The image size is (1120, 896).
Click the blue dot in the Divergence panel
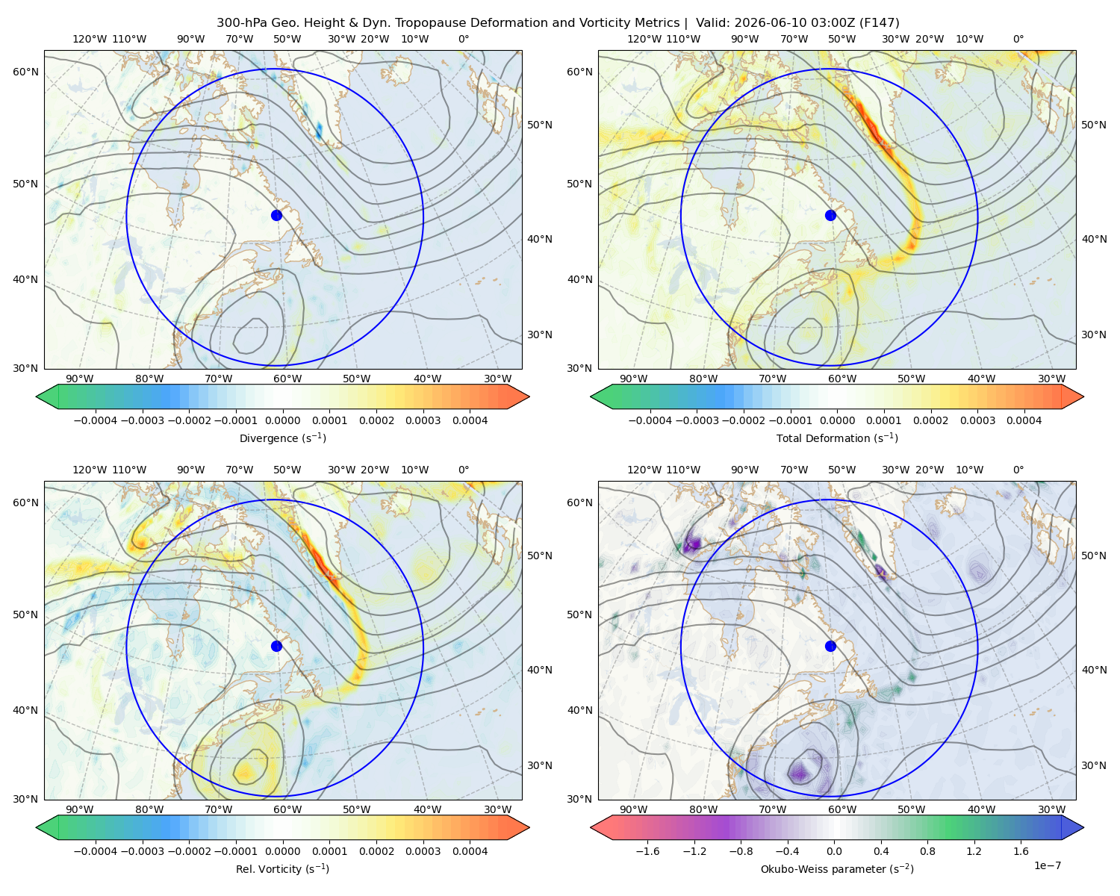pyautogui.click(x=276, y=215)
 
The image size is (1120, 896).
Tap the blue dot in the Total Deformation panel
pyautogui.click(x=830, y=215)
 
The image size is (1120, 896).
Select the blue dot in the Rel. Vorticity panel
pyautogui.click(x=276, y=646)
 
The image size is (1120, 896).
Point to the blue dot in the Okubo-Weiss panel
pyautogui.click(x=830, y=646)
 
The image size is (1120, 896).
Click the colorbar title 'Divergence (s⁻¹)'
pyautogui.click(x=282, y=438)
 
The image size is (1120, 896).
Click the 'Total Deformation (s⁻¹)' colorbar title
pyautogui.click(x=837, y=438)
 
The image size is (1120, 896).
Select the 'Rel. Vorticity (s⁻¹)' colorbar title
pyautogui.click(x=282, y=869)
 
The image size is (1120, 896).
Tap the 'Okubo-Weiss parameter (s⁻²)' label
pyautogui.click(x=837, y=869)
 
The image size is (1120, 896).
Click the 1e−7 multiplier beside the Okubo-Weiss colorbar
pyautogui.click(x=1047, y=865)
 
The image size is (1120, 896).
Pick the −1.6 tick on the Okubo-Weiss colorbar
pyautogui.click(x=648, y=851)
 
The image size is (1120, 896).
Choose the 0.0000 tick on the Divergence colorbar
pyautogui.click(x=282, y=420)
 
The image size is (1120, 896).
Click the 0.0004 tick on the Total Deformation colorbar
pyautogui.click(x=1024, y=420)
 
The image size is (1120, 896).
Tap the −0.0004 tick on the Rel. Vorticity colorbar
pyautogui.click(x=96, y=851)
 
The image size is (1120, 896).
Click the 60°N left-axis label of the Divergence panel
pyautogui.click(x=25, y=72)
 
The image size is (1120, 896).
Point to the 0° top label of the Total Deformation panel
pyautogui.click(x=1018, y=39)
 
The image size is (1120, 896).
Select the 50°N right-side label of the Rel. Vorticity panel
pyautogui.click(x=540, y=556)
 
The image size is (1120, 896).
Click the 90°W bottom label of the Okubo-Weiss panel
pyautogui.click(x=633, y=809)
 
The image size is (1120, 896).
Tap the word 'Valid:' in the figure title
pyautogui.click(x=712, y=23)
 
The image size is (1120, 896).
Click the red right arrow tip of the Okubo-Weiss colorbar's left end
pyautogui.click(x=591, y=827)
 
